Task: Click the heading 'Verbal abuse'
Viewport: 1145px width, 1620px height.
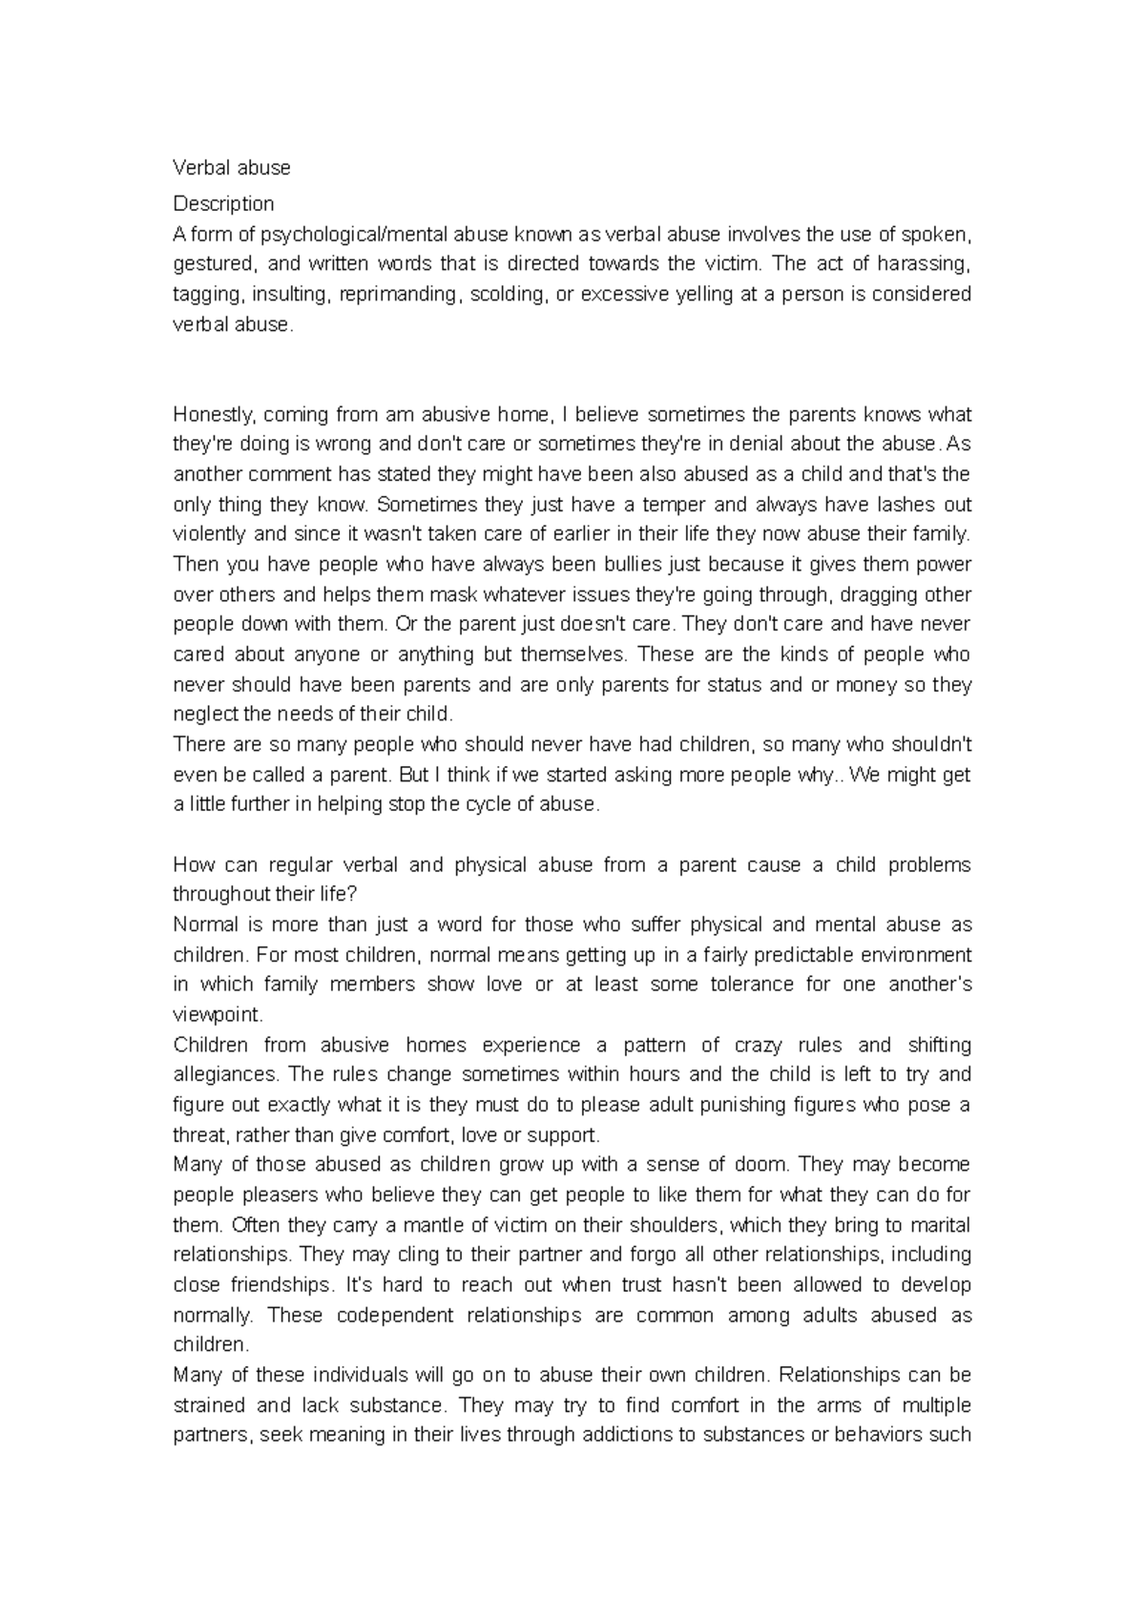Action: (231, 168)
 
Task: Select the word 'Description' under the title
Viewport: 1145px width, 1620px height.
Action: (223, 203)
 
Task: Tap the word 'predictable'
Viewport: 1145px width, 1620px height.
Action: (755, 955)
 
